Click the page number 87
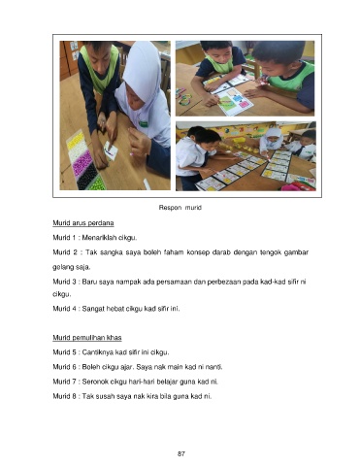(x=181, y=453)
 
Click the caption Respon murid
(x=180, y=208)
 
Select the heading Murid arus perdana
(x=83, y=223)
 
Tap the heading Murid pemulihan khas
(x=87, y=338)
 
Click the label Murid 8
(x=64, y=396)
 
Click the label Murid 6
(x=64, y=367)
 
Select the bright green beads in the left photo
(x=97, y=183)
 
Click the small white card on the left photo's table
(x=111, y=150)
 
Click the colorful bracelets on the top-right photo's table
(x=183, y=96)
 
